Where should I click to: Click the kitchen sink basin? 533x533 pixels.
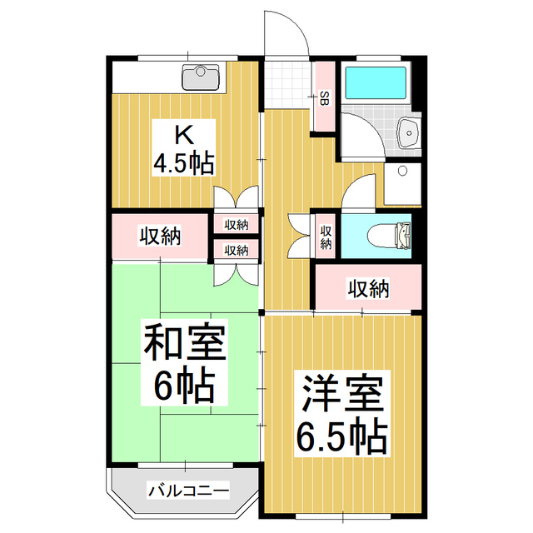[200, 80]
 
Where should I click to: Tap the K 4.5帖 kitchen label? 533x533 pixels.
[182, 147]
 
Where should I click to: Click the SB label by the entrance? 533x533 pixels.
[324, 98]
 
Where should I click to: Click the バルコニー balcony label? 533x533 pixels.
[188, 490]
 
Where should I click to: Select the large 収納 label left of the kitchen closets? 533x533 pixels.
[159, 237]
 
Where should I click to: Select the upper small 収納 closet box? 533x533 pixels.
[237, 224]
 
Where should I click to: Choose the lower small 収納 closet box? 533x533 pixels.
[237, 249]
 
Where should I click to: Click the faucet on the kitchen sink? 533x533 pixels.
[200, 70]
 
